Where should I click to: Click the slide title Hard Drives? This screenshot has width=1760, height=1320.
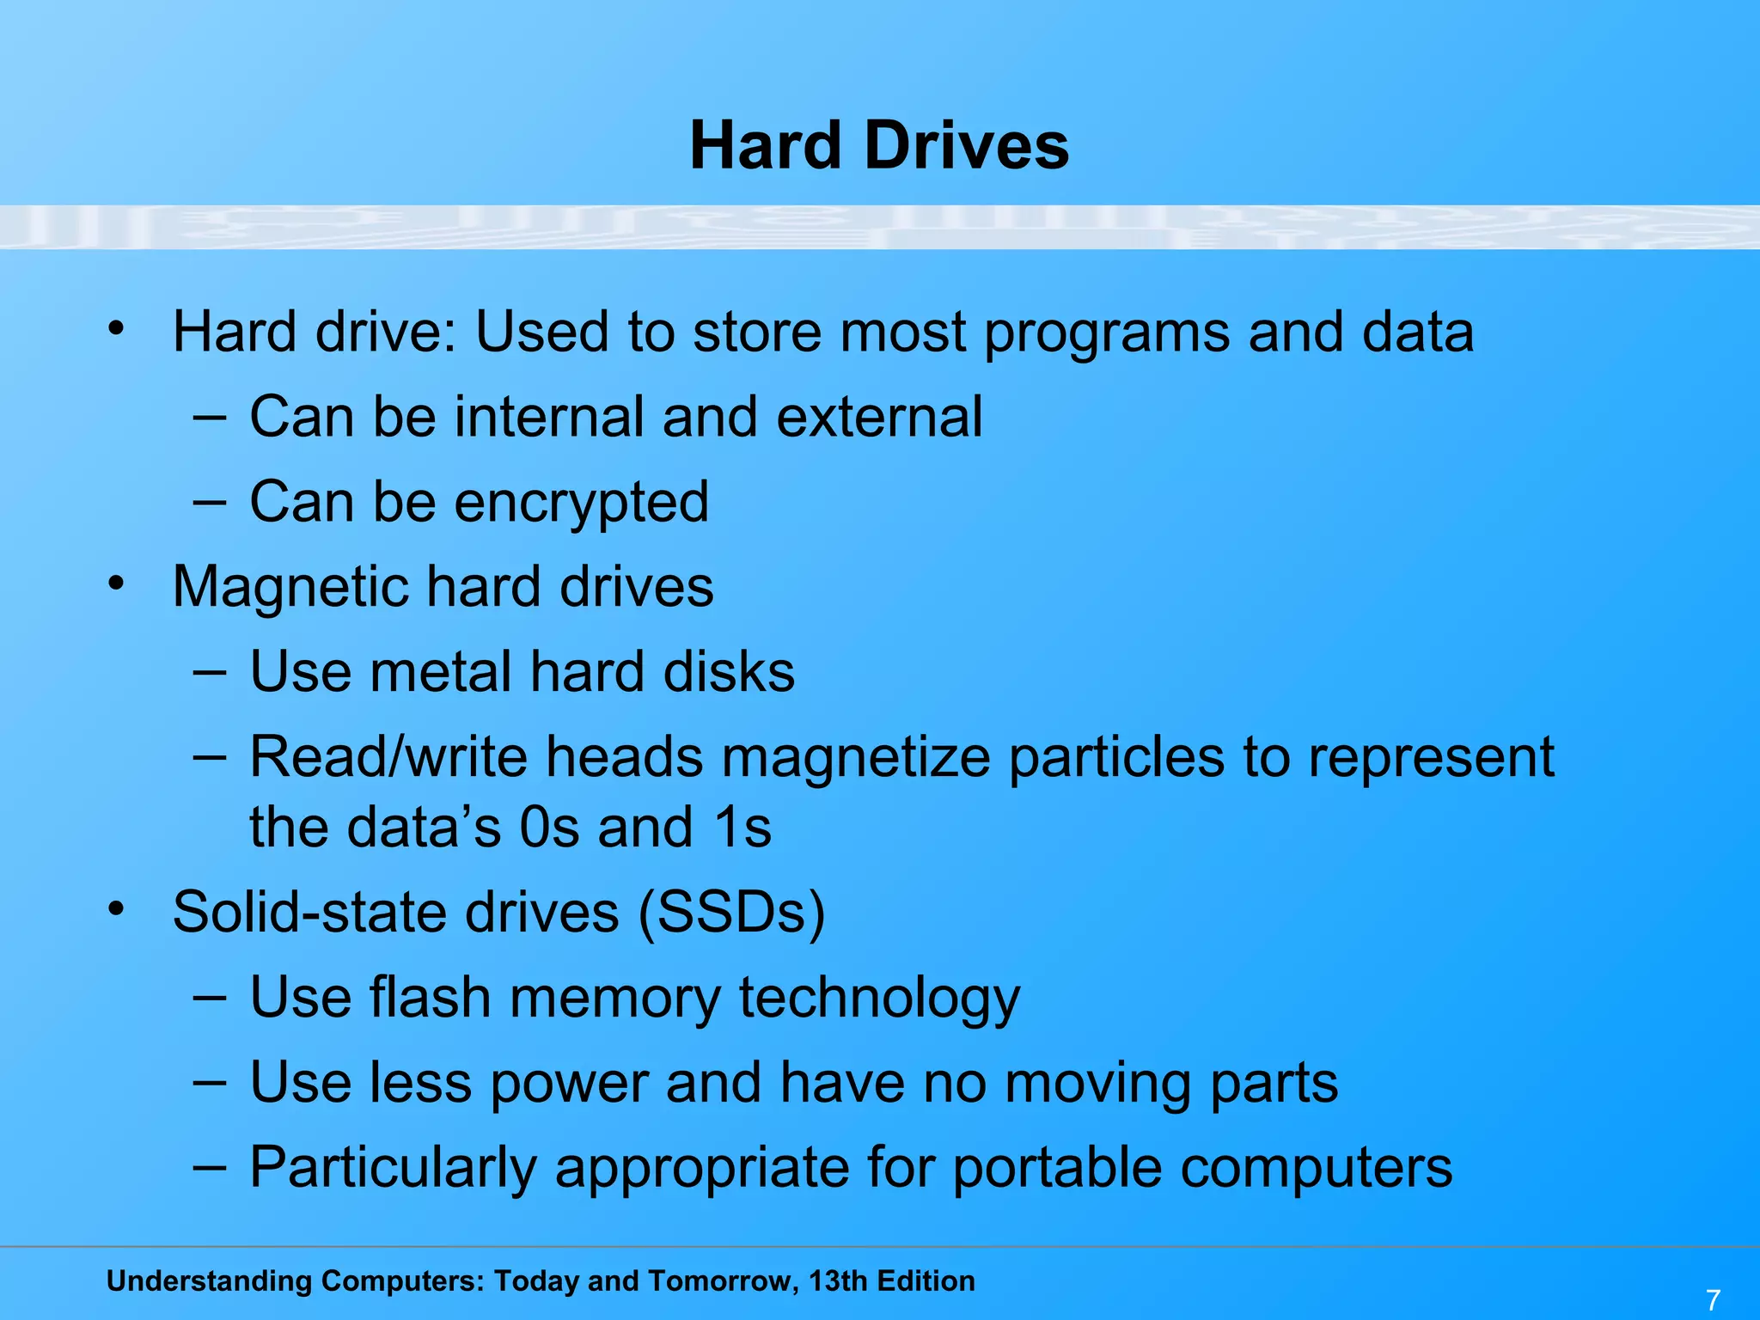pos(879,145)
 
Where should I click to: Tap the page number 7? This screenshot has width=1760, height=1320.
pos(1713,1299)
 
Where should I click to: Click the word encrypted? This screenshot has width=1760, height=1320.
pos(581,502)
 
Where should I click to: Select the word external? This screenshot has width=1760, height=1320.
pos(879,417)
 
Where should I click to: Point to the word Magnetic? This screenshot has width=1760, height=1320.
pos(290,587)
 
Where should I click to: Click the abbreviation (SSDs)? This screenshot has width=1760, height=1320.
pos(731,912)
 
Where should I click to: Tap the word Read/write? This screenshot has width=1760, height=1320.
pos(388,757)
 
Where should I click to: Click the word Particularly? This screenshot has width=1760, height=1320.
pos(393,1168)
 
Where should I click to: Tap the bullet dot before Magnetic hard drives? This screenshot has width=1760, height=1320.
pos(117,584)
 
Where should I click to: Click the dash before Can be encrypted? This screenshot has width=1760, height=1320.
pos(209,501)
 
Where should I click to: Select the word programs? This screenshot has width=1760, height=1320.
pos(1106,333)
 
